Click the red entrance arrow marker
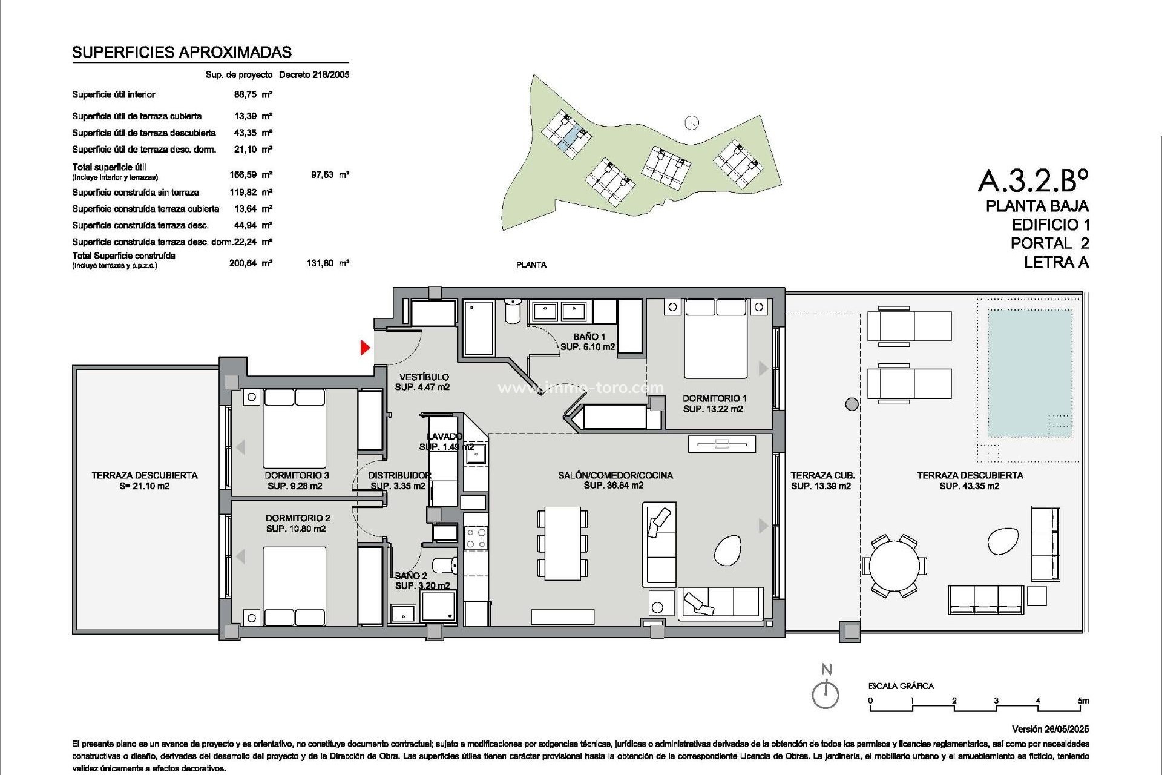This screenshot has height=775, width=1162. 365,348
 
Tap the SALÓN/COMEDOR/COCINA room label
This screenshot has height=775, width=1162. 615,475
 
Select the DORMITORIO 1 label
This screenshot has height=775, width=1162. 714,398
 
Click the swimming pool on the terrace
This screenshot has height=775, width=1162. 1029,373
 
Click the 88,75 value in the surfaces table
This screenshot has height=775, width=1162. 245,94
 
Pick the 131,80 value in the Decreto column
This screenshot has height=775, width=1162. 320,263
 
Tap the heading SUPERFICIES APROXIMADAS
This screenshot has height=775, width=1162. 182,53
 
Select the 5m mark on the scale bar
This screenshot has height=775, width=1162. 1083,701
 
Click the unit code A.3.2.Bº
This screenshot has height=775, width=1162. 1033,180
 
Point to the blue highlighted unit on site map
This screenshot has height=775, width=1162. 570,139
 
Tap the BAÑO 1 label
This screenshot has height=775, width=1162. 589,337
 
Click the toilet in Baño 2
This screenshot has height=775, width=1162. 447,565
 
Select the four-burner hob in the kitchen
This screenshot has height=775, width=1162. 476,538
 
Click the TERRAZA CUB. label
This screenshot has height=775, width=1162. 822,476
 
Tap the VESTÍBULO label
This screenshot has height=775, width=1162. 424,377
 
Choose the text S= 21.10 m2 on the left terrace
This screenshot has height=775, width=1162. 145,486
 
